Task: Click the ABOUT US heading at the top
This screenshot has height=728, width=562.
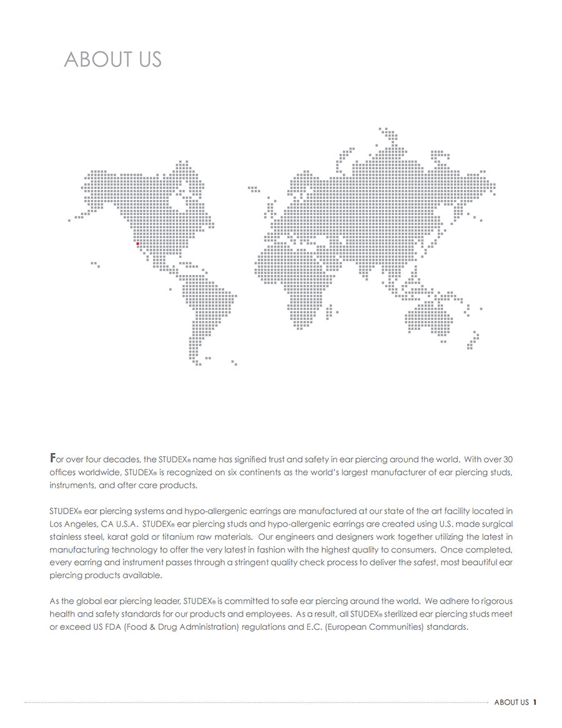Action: pos(112,59)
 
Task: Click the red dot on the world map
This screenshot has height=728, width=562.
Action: pos(137,244)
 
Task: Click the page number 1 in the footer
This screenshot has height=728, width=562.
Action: pos(535,702)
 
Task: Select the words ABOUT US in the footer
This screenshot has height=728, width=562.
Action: pos(511,702)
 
